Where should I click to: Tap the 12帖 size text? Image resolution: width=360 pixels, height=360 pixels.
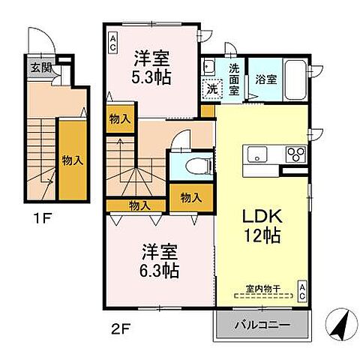click(x=262, y=236)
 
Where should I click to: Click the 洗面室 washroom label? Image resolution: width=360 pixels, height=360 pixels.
click(x=234, y=77)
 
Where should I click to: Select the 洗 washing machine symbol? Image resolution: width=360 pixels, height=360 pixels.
click(x=212, y=87)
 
